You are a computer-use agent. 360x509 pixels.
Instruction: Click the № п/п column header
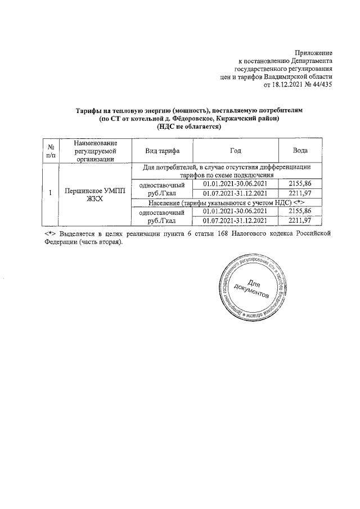click(x=51, y=151)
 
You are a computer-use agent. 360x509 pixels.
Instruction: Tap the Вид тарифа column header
click(x=161, y=151)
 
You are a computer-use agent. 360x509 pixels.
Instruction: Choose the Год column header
click(x=236, y=151)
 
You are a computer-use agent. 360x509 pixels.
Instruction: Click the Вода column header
click(x=300, y=151)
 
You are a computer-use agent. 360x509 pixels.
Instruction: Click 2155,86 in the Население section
click(x=300, y=211)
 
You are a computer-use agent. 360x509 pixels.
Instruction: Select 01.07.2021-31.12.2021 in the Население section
click(x=236, y=220)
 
